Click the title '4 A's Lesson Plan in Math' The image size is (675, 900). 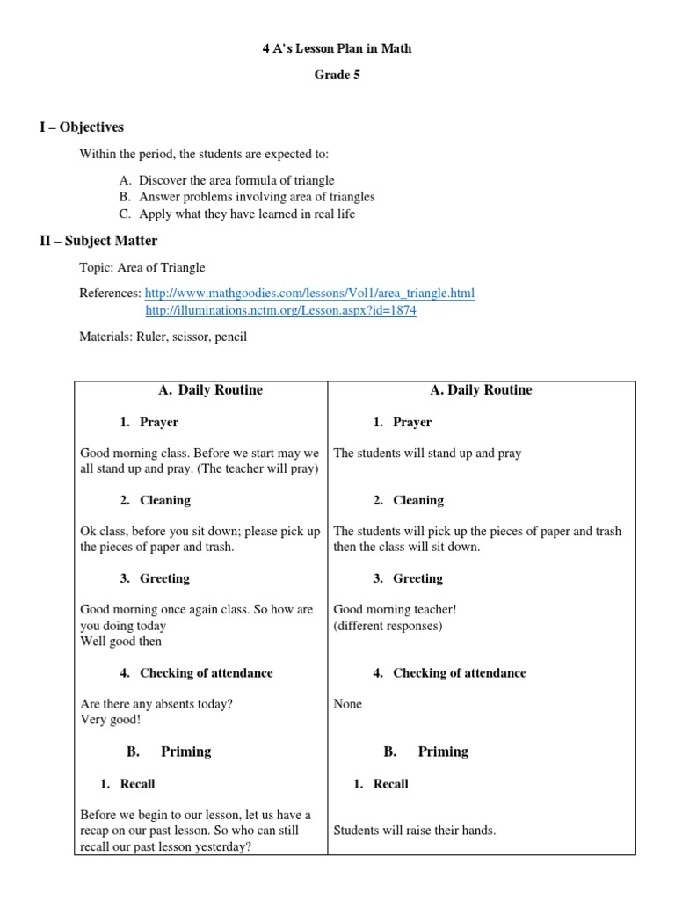click(x=337, y=48)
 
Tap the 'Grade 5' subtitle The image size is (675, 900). click(x=337, y=75)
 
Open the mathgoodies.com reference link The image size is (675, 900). click(x=309, y=293)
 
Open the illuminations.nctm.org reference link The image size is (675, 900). click(x=280, y=311)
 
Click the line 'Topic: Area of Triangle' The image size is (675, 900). click(x=142, y=267)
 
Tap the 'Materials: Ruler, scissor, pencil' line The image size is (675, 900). click(x=163, y=337)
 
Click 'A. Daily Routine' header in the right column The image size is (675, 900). click(x=482, y=390)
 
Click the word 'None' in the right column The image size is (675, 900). click(x=348, y=704)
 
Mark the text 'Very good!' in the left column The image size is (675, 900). click(x=110, y=720)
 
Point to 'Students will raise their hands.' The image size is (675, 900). click(x=415, y=830)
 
